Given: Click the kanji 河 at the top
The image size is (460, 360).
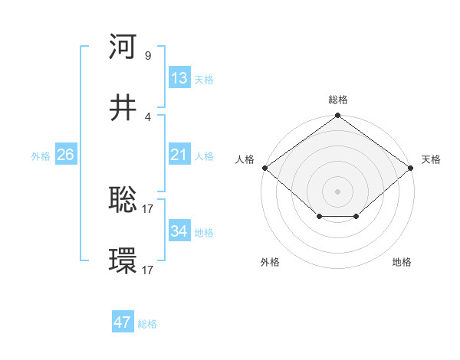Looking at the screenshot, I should (x=123, y=47).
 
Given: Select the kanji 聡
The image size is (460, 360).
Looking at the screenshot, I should (x=123, y=200).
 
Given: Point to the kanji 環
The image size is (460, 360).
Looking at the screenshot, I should (x=123, y=261).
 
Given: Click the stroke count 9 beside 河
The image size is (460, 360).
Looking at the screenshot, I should (x=147, y=55).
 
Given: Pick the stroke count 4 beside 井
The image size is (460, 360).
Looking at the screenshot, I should (x=147, y=116).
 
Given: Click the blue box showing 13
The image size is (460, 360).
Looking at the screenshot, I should (x=179, y=78).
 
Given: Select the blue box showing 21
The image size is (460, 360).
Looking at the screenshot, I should (x=179, y=155).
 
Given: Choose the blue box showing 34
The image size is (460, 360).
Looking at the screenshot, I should (x=179, y=231).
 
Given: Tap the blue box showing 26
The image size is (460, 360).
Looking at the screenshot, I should (x=65, y=155).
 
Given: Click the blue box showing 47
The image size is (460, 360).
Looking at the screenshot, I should (x=123, y=322).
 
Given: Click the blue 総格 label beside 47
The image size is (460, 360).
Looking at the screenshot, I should (x=147, y=324).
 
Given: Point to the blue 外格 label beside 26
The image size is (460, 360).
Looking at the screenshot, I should (x=41, y=156).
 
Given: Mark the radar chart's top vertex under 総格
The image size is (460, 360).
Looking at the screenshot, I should (x=337, y=116).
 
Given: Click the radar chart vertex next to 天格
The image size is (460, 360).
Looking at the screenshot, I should (x=411, y=167).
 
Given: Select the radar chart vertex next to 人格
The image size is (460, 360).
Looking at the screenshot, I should (x=264, y=167).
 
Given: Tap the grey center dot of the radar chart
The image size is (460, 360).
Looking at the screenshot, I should (x=337, y=191).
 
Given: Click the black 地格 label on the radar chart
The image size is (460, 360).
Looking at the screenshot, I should (x=402, y=263).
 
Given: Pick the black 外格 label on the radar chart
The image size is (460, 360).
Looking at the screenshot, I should (x=270, y=263).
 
